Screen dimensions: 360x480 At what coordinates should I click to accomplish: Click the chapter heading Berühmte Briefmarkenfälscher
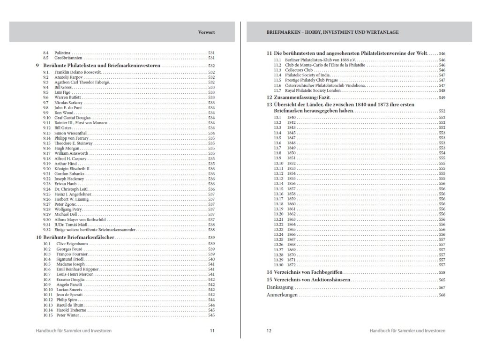tap(79, 239)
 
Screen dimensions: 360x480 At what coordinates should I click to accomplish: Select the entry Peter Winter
tap(66, 315)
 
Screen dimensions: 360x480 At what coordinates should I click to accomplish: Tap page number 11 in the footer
tap(212, 330)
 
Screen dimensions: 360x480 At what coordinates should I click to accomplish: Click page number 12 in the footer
tap(269, 330)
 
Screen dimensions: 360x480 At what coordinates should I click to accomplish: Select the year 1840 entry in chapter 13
tap(292, 117)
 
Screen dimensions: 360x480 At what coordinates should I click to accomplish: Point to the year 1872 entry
tap(292, 265)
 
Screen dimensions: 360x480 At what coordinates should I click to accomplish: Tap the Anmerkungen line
tap(283, 295)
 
